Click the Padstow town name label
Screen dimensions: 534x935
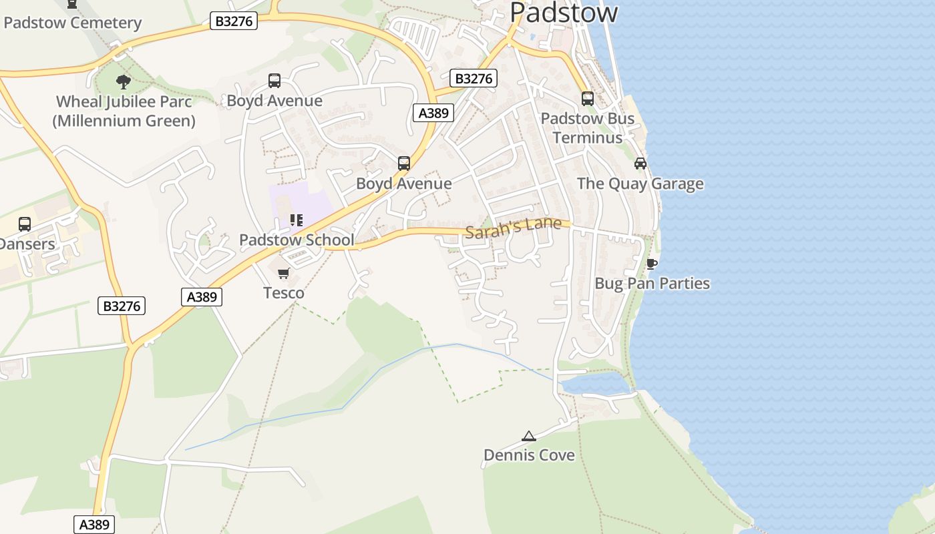pyautogui.click(x=564, y=12)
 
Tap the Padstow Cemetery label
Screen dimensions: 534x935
pyautogui.click(x=72, y=23)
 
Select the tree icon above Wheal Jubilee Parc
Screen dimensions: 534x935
pyautogui.click(x=123, y=82)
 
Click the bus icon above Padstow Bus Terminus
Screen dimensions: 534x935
pyautogui.click(x=588, y=98)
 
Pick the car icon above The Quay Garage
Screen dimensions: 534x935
pyautogui.click(x=640, y=163)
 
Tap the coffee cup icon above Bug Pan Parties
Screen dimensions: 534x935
pyautogui.click(x=652, y=264)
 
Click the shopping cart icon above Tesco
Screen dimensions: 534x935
pyautogui.click(x=284, y=273)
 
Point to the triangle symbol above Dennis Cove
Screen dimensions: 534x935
pyautogui.click(x=529, y=437)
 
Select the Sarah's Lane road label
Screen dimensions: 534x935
pyautogui.click(x=513, y=227)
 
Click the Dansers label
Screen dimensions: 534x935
pyautogui.click(x=27, y=244)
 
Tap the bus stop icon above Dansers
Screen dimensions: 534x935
pyautogui.click(x=25, y=224)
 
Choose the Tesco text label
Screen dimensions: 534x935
pyautogui.click(x=284, y=293)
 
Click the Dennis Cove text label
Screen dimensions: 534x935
pyautogui.click(x=529, y=455)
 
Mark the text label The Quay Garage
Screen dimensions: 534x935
pyautogui.click(x=640, y=184)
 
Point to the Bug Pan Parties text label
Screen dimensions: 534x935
pyautogui.click(x=652, y=284)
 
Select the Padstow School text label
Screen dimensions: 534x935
pyautogui.click(x=297, y=240)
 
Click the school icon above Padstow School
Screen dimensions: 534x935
pyautogui.click(x=297, y=220)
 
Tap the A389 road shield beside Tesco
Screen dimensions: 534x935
pyautogui.click(x=202, y=297)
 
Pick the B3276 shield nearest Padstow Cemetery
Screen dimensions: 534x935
pyautogui.click(x=234, y=21)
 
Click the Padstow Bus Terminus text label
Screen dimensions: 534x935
pyautogui.click(x=588, y=128)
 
